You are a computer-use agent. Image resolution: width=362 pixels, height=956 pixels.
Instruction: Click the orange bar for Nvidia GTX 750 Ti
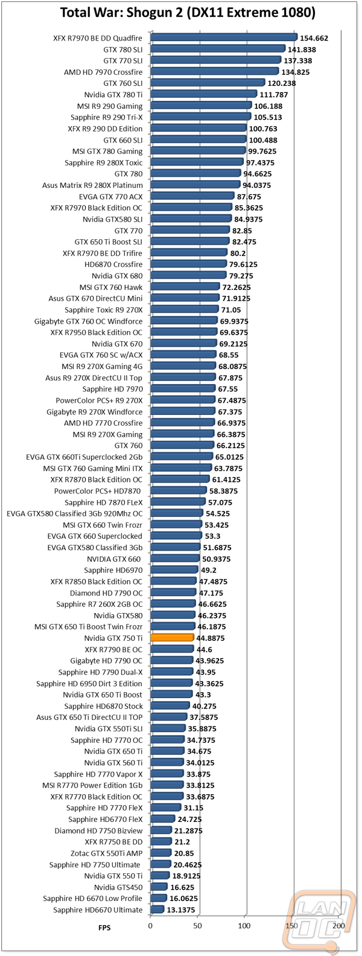click(173, 638)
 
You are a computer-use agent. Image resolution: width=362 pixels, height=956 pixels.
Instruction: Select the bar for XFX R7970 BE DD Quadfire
click(224, 37)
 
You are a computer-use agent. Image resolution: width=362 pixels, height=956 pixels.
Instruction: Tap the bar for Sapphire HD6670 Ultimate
click(157, 909)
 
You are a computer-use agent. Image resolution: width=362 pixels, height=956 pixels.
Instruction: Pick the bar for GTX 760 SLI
click(208, 83)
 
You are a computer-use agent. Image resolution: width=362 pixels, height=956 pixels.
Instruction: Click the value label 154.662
click(314, 38)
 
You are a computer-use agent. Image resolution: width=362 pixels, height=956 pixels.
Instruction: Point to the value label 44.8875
click(210, 638)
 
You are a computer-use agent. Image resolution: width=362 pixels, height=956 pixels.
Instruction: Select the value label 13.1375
click(181, 910)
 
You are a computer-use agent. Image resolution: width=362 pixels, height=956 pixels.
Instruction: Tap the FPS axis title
click(104, 928)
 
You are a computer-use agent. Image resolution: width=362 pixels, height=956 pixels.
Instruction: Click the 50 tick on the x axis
click(197, 926)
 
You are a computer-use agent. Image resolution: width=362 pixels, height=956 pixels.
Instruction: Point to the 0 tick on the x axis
click(150, 926)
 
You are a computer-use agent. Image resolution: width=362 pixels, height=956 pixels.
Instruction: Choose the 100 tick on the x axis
click(244, 926)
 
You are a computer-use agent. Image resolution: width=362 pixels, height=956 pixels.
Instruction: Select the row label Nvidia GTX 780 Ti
click(113, 95)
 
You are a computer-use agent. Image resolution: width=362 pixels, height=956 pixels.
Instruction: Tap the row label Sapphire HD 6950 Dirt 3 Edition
click(89, 683)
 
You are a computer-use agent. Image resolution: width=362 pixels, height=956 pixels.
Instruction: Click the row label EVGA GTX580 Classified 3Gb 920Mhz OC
click(75, 513)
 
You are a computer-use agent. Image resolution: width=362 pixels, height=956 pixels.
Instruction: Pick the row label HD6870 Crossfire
click(113, 264)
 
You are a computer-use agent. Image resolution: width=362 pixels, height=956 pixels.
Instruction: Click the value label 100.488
click(263, 140)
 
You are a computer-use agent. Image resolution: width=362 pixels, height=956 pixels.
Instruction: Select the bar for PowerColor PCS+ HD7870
click(179, 491)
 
